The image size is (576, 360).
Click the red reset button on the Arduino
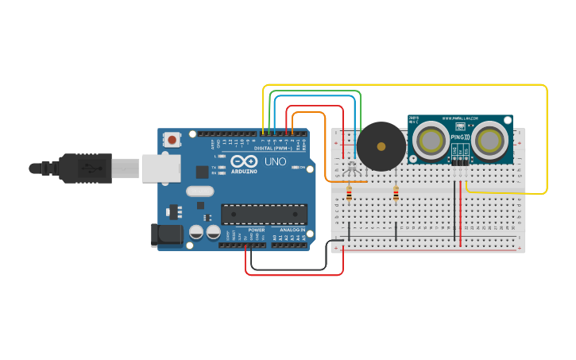click(172, 140)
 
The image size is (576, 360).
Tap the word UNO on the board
click(275, 161)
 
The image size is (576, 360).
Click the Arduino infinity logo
click(243, 161)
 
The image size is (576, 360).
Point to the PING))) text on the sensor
click(460, 137)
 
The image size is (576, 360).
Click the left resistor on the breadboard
click(349, 193)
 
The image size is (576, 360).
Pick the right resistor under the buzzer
click(396, 193)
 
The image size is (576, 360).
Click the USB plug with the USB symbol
click(88, 168)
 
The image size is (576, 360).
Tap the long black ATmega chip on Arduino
click(264, 214)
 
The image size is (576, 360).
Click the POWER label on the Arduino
click(256, 230)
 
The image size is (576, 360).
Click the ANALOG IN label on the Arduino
click(292, 230)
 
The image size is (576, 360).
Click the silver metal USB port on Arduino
click(161, 168)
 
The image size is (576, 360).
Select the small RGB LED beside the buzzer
click(352, 166)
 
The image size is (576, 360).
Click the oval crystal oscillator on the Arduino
click(200, 191)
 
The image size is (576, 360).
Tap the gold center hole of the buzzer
click(381, 146)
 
